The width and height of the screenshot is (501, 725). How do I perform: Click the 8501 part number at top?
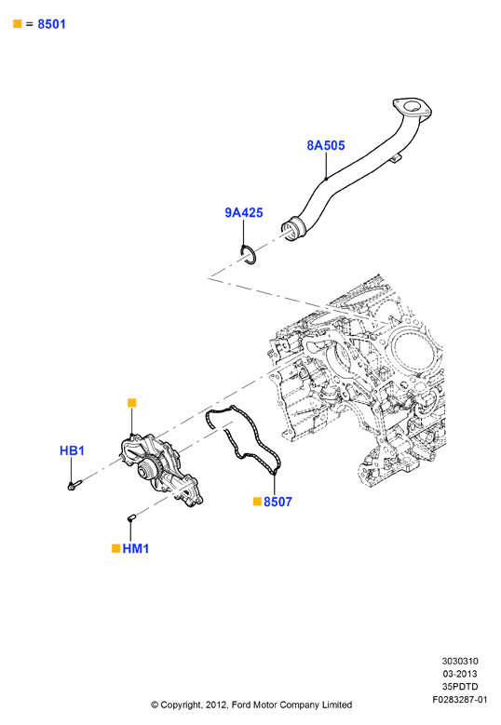coord(51,24)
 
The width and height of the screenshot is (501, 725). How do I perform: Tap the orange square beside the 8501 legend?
coord(18,23)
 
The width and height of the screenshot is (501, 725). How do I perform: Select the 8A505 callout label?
coord(326,145)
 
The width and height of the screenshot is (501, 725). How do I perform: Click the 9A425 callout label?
coord(244,213)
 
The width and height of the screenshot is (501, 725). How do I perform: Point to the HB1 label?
coord(72,450)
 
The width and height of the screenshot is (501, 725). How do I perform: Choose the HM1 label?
coord(136,548)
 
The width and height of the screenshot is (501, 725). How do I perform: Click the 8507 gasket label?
coord(278,502)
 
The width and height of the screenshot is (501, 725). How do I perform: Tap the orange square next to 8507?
coord(257,502)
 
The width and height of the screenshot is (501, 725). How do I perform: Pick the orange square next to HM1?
coord(116,548)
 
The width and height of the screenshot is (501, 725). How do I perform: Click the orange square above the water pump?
coord(132,403)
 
